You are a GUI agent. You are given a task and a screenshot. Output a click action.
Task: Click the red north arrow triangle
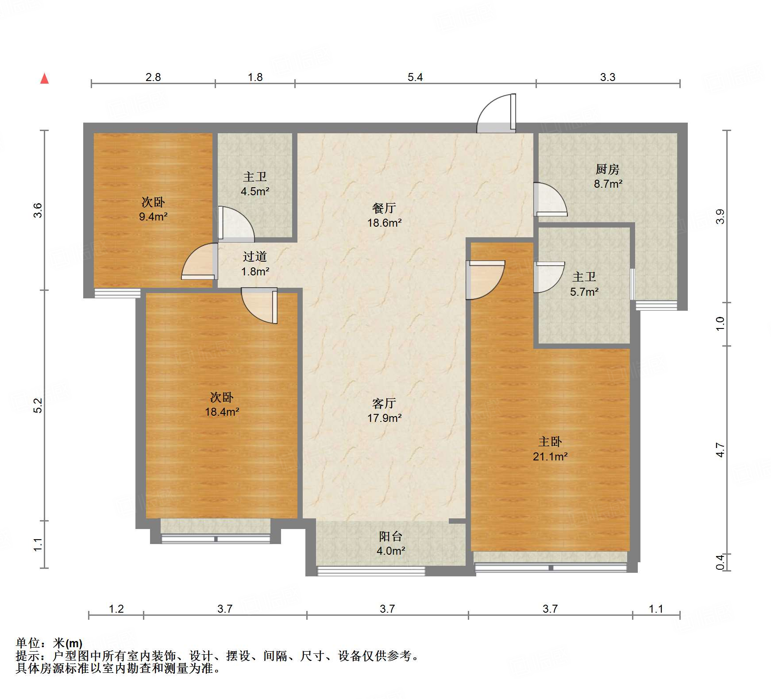[x=44, y=79]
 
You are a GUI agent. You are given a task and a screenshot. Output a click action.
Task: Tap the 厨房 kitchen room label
[x=607, y=169]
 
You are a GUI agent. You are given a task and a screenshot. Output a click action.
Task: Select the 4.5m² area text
[x=255, y=192]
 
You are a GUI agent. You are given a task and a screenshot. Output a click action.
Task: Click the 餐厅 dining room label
[x=384, y=208]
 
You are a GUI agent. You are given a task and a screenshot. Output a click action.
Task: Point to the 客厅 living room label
[x=384, y=403]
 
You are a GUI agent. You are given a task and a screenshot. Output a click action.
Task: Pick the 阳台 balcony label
[x=390, y=536]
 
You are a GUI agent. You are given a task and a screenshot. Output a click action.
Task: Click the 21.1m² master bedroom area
[x=550, y=456]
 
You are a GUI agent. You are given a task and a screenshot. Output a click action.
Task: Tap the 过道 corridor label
[x=255, y=256]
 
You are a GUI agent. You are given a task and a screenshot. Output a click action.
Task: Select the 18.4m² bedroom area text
[x=222, y=412]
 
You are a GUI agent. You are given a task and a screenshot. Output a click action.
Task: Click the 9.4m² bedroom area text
[x=153, y=216]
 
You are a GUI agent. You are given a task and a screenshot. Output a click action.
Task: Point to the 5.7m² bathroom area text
[x=584, y=292]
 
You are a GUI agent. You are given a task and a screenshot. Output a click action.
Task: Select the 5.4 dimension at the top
[x=415, y=77]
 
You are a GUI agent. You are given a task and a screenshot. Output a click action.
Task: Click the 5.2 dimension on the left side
[x=39, y=405]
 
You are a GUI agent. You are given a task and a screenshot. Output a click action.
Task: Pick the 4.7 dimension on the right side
[x=721, y=450]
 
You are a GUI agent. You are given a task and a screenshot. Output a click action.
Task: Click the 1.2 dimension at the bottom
[x=116, y=609]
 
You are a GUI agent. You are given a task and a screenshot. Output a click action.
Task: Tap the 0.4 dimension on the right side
[x=721, y=562]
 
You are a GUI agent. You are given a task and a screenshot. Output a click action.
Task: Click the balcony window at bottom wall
[x=371, y=571]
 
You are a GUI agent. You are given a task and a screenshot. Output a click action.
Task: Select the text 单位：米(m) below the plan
[x=49, y=643]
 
